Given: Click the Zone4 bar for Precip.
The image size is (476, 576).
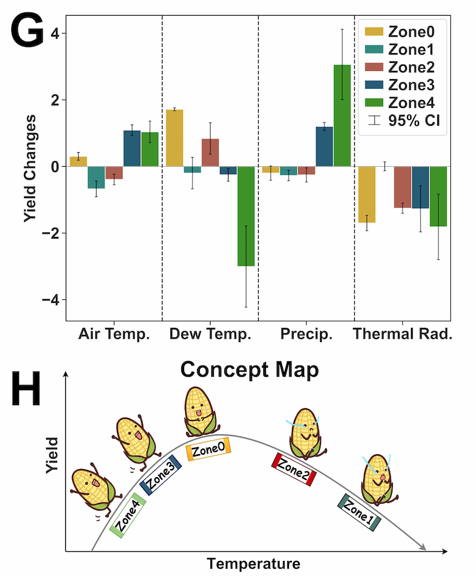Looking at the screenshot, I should pos(342,116).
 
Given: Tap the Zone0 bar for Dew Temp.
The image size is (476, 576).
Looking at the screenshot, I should pos(175,138).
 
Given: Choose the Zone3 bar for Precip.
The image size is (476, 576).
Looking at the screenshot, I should pos(324,147).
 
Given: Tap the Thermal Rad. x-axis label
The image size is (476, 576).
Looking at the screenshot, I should pos(402,335).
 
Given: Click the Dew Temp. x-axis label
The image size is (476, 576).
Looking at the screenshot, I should pos(210,335).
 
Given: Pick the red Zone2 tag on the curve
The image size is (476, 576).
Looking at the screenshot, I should pos(295,469).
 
